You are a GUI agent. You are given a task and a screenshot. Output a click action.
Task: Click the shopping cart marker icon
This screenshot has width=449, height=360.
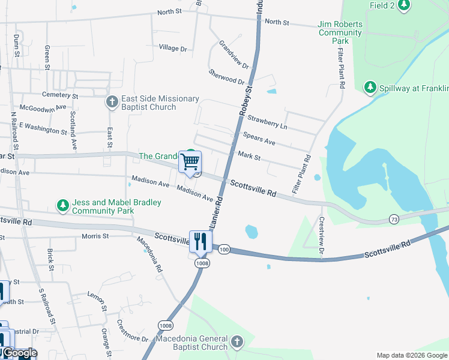coord(190,161)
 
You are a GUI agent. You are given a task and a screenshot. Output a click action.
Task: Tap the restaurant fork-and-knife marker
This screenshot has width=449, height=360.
coord(200,241)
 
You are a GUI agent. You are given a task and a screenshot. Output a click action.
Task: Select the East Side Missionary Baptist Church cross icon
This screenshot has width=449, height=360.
coord(112,102)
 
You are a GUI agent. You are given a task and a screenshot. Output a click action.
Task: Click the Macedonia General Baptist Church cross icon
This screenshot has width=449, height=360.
coord(237,342)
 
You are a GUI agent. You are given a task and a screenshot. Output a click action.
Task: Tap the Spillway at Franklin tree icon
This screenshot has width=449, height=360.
coord(370,88)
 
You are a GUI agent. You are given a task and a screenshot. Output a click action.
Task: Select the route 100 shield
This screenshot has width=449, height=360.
coord(224,249)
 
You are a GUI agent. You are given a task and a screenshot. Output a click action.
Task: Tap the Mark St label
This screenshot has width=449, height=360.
coord(249,157)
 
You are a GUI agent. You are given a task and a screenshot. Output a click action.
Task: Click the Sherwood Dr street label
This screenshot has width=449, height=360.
coord(227,76)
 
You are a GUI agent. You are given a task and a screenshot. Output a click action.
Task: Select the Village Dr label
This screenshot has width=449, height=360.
coord(173,48)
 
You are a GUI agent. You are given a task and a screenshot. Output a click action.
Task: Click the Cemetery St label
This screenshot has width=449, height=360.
coord(60,95)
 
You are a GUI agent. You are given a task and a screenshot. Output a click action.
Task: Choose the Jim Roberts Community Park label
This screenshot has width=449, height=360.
coord(340,32)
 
